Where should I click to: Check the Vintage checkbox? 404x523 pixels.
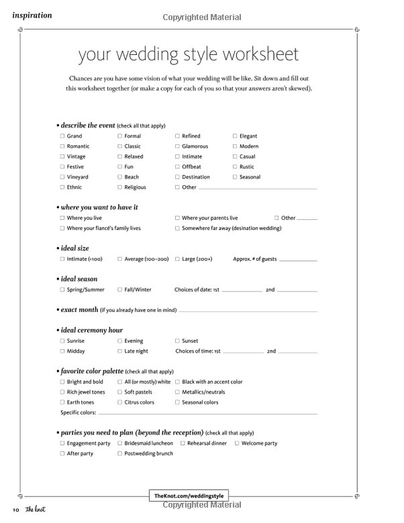(62, 156)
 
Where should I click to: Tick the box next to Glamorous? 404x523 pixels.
(177, 146)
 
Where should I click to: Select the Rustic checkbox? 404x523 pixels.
(235, 166)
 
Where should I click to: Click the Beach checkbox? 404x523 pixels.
(119, 177)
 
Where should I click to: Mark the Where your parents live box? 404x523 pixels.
(177, 218)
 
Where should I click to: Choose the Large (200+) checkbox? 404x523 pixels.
(177, 259)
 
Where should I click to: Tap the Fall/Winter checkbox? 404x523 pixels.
(119, 290)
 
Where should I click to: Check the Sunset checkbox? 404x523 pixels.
(177, 341)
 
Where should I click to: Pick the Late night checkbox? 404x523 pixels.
(119, 351)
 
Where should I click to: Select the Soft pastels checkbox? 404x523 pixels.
(119, 392)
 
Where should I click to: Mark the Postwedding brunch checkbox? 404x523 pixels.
(119, 453)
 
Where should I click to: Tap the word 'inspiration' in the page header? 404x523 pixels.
(32, 15)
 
